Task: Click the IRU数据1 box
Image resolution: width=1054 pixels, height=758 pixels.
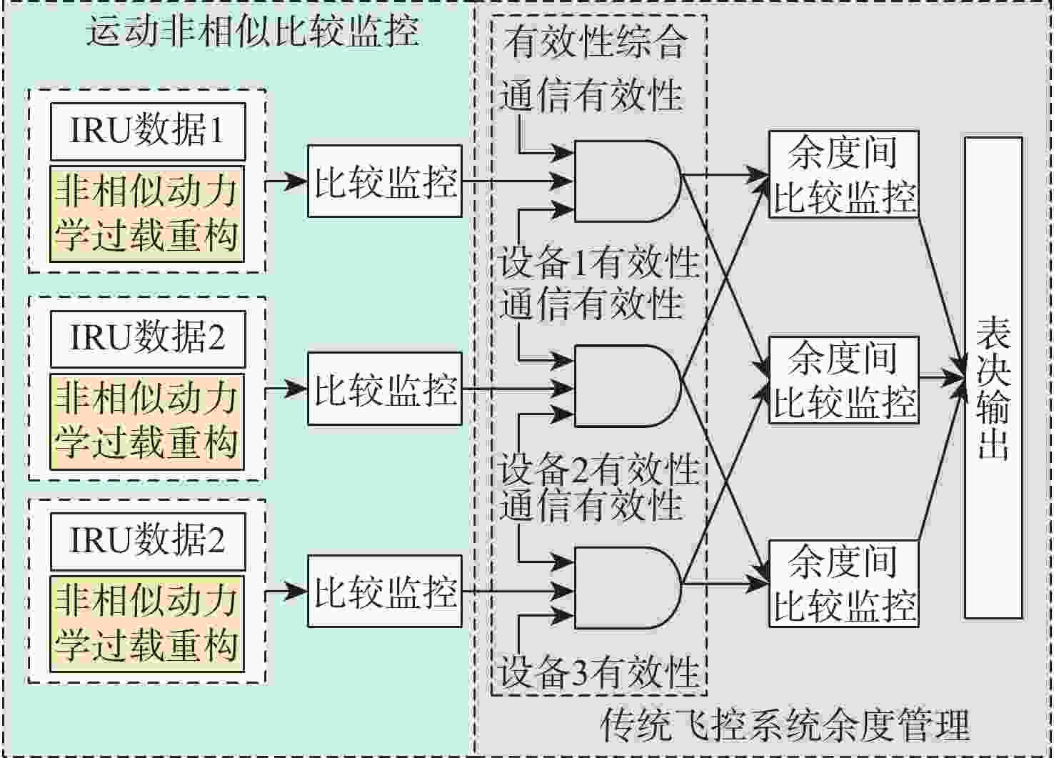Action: point(149,131)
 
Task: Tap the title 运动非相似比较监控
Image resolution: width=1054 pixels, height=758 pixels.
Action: point(252,31)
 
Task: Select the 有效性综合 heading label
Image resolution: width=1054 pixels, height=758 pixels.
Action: point(596,41)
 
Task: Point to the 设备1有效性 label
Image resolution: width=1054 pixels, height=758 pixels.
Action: point(598,261)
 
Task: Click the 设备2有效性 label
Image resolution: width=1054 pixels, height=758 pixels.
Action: point(598,469)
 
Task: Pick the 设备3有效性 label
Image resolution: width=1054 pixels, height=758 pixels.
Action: point(598,672)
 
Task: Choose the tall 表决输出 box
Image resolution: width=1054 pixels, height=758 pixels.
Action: point(994,378)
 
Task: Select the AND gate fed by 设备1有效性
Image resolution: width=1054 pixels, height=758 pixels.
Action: point(628,181)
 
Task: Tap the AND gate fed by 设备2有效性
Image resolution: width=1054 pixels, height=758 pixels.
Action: point(628,387)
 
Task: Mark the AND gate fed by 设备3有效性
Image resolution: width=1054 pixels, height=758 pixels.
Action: point(628,588)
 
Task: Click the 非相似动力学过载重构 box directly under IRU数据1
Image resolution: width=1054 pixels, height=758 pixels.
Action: point(147,214)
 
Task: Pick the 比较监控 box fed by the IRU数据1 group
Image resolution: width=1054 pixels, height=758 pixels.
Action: point(385,181)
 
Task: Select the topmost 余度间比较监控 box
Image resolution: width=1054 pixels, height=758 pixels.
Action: point(844,174)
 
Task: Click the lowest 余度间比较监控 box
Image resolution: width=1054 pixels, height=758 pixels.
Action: point(844,584)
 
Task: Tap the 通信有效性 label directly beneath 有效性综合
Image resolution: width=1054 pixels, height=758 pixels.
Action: point(591,94)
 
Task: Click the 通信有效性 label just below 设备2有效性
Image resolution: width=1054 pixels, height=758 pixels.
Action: point(591,504)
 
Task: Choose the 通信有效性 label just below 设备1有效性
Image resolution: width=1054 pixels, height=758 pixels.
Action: point(591,303)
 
